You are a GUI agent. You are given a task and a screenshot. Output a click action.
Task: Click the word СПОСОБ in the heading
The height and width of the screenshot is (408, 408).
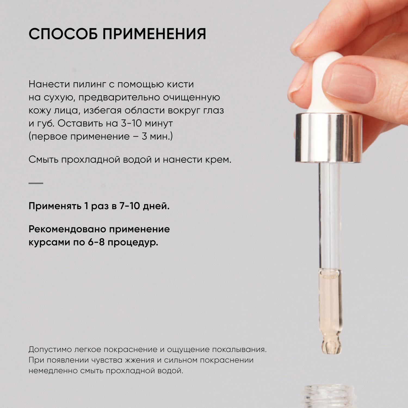click(63, 34)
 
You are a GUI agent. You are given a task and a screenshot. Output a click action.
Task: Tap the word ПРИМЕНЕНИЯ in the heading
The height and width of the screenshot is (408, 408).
click(154, 34)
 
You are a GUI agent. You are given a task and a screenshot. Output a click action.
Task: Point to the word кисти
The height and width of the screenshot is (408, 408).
click(181, 84)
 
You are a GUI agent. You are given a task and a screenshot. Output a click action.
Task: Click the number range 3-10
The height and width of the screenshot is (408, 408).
click(131, 123)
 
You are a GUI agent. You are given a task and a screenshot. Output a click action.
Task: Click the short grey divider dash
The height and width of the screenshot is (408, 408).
click(36, 183)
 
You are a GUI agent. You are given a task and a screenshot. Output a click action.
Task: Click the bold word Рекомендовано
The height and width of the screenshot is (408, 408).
click(67, 229)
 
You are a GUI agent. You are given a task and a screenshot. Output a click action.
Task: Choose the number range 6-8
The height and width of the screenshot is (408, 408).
click(96, 242)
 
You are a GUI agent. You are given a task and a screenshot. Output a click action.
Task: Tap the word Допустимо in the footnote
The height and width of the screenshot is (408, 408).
click(50, 350)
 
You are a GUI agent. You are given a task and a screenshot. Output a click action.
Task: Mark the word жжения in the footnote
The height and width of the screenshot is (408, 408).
click(139, 360)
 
